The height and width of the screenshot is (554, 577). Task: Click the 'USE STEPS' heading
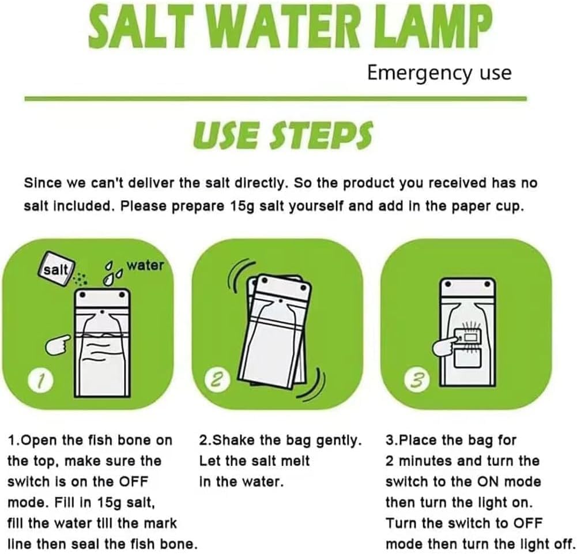(x=282, y=134)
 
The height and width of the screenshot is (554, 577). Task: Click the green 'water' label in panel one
(x=145, y=265)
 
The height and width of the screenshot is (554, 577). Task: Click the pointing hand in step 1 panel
(x=58, y=345)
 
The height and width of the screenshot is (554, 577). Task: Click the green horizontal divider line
(x=276, y=99)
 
